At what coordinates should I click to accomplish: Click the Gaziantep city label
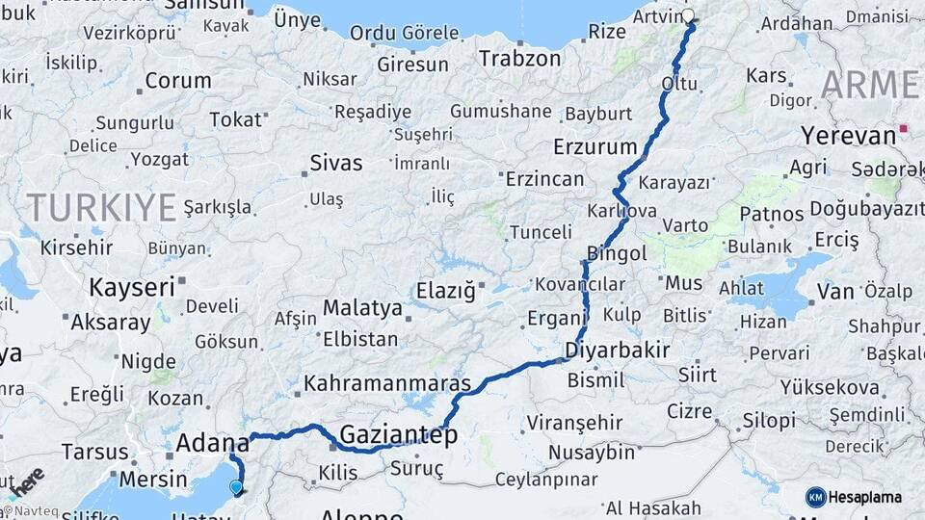[398, 434]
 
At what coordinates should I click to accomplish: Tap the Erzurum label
[595, 147]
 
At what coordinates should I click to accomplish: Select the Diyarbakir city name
[617, 350]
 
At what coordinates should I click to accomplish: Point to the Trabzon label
[520, 58]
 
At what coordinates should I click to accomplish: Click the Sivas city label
[336, 162]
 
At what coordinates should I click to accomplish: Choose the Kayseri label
[132, 286]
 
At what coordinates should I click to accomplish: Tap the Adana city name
[213, 444]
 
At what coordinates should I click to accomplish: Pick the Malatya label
[362, 308]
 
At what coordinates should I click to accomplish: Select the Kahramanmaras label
[387, 383]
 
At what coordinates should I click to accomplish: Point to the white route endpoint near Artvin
[688, 15]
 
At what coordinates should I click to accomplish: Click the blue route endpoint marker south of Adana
[236, 487]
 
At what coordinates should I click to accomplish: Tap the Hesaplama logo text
[867, 497]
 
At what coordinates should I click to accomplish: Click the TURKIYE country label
[101, 207]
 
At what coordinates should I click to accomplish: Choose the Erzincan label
[544, 179]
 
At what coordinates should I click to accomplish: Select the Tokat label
[235, 119]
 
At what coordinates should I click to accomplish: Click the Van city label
[834, 291]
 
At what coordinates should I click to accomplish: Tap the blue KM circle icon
[816, 497]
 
